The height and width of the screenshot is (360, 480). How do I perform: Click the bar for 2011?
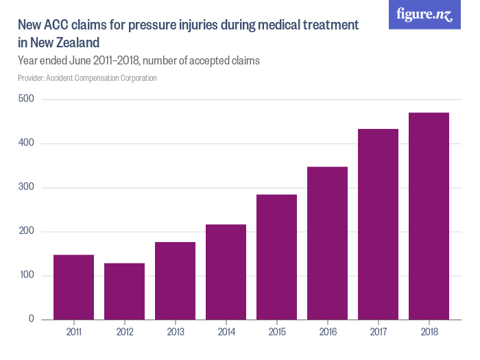click(73, 287)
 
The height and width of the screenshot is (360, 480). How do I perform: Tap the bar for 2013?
click(175, 281)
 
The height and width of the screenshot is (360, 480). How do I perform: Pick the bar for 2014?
click(226, 272)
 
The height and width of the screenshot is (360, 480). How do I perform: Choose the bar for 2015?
click(276, 257)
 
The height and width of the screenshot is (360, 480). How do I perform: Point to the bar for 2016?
click(327, 243)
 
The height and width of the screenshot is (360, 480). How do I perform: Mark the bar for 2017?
click(378, 224)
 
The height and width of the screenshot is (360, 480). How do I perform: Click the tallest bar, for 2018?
click(429, 216)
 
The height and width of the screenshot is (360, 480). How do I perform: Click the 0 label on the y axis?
click(31, 320)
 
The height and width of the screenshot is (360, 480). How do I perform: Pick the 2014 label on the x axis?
click(226, 332)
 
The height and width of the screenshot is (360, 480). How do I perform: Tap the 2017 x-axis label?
click(378, 332)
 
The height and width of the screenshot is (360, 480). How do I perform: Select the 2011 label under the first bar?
click(73, 332)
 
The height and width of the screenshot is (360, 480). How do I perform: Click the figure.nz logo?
click(424, 14)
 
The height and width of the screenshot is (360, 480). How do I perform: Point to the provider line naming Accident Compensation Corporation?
click(87, 77)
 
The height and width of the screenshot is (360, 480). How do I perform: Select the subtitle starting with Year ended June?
click(139, 60)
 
